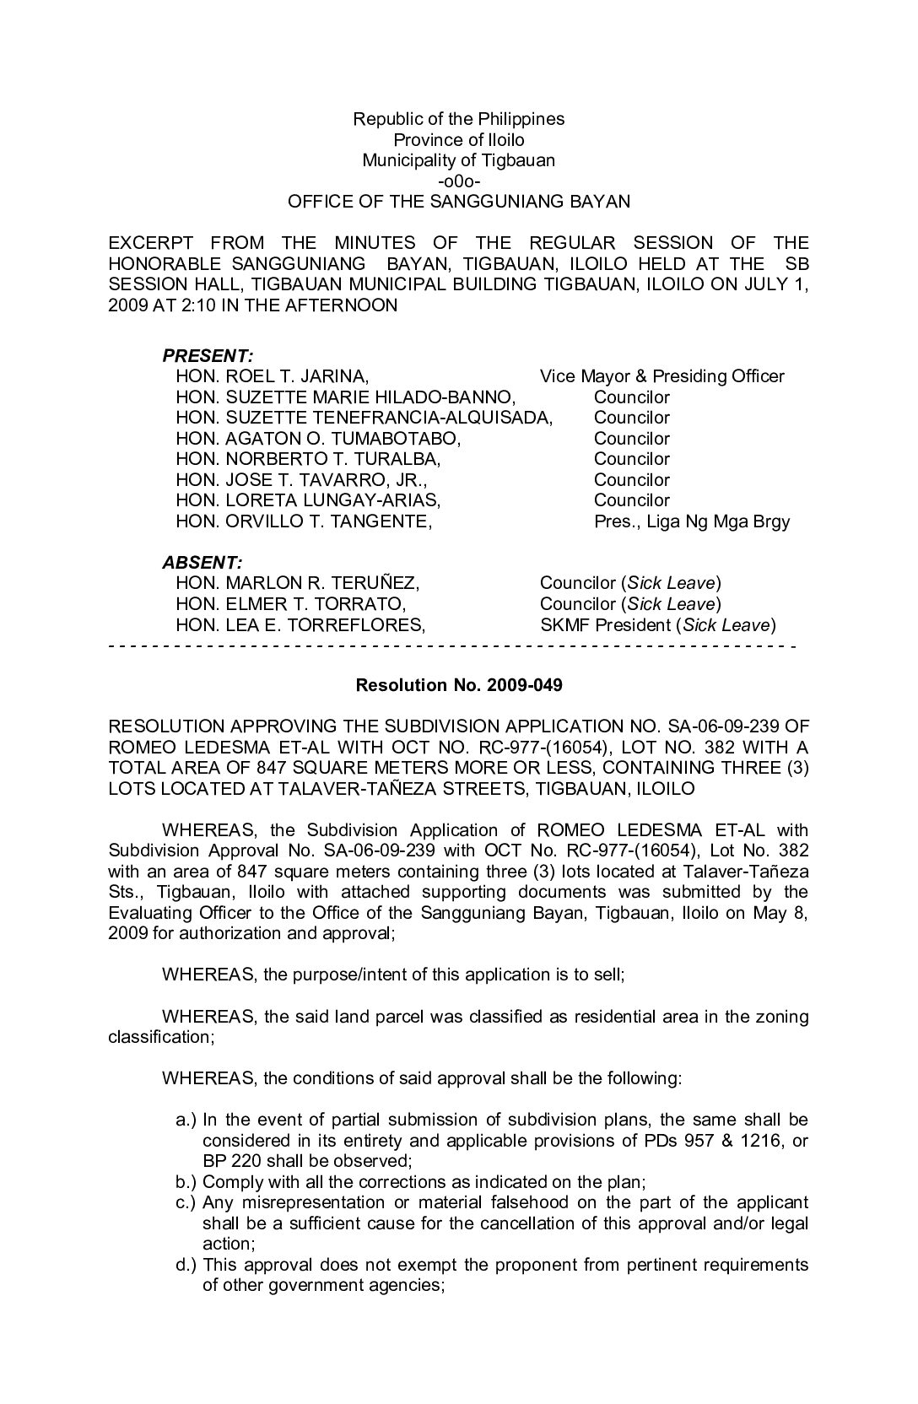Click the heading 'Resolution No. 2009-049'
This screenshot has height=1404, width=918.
458,685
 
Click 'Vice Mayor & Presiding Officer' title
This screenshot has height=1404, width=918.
661,376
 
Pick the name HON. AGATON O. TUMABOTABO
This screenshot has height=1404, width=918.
318,439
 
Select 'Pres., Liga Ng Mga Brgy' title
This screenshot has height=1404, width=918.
692,521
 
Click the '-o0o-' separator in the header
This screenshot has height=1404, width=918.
459,181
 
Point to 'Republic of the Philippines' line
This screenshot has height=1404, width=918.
458,119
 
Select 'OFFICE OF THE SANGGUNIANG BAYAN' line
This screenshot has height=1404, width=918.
458,202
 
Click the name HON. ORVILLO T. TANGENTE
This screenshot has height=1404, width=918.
304,521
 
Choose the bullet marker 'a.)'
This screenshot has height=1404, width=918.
186,1120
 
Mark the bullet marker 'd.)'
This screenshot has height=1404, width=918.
186,1265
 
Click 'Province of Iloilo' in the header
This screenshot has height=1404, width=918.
458,140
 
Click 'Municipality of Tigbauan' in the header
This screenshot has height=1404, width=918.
458,160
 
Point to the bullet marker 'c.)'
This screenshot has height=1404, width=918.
186,1203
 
